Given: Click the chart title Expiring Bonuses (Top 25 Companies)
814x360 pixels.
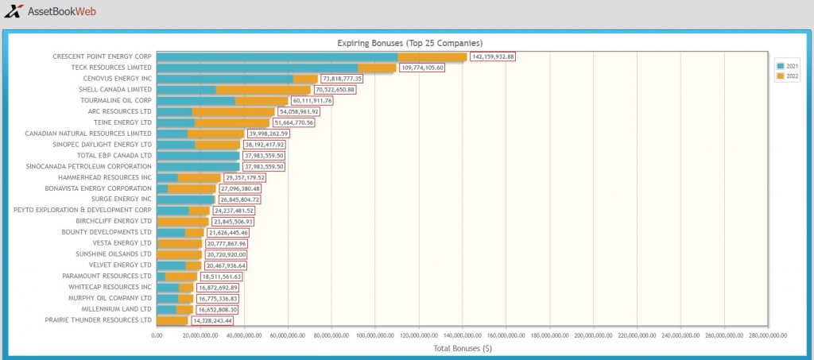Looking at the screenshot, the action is pos(410,43).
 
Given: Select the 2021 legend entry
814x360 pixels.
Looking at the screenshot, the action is pos(788,66).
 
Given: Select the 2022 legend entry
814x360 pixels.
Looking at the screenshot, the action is pos(788,76).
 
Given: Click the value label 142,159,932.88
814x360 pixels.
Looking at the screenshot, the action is pos(493,56).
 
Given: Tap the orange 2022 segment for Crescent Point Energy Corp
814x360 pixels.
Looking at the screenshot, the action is pos(432,56).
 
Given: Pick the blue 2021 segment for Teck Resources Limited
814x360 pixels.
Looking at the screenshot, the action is pos(257,68).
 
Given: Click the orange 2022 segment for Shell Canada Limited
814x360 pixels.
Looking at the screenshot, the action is pos(263,90).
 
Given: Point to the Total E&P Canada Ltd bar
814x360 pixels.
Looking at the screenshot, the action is pos(198,156).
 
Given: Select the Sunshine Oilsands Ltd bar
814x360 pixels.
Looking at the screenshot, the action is pos(179,254).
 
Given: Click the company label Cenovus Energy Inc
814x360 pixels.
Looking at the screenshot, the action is pos(118,79).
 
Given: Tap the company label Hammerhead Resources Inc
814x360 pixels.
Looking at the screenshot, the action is pos(105,177).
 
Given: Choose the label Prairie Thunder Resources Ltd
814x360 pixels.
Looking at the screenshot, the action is pos(98,320).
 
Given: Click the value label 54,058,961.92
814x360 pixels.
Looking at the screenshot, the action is pos(300,111).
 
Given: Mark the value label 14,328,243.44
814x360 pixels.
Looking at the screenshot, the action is pos(212,321).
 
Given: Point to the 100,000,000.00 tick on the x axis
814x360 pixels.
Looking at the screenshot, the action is pos(375,335).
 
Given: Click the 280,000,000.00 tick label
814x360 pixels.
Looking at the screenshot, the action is pos(767,335).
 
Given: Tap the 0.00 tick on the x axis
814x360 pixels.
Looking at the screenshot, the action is pos(157,335).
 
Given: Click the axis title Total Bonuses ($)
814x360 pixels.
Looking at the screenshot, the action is pos(463,349).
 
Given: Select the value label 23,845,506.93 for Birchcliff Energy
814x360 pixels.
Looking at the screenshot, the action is pos(233,222).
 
